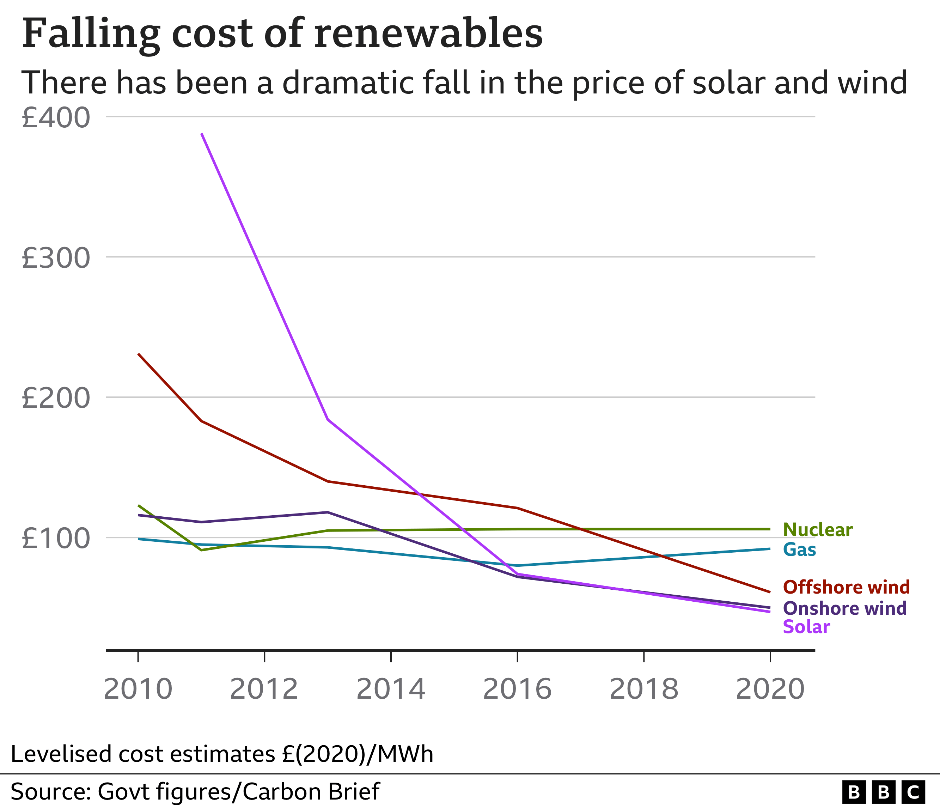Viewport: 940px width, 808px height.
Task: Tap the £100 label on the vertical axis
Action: point(55,539)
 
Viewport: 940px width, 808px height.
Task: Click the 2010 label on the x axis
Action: point(138,689)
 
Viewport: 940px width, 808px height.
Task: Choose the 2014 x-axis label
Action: point(391,689)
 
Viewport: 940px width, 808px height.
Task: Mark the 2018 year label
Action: point(643,689)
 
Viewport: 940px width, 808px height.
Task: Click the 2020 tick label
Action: point(770,689)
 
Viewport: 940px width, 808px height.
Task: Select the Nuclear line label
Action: point(818,530)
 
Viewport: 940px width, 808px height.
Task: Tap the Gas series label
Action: point(799,550)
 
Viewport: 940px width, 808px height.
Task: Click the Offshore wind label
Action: point(847,587)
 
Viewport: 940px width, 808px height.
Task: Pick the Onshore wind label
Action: point(845,608)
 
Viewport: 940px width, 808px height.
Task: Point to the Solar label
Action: point(806,627)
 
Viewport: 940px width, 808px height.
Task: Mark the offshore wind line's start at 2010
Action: point(138,354)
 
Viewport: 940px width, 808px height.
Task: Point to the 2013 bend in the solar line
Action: point(328,420)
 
